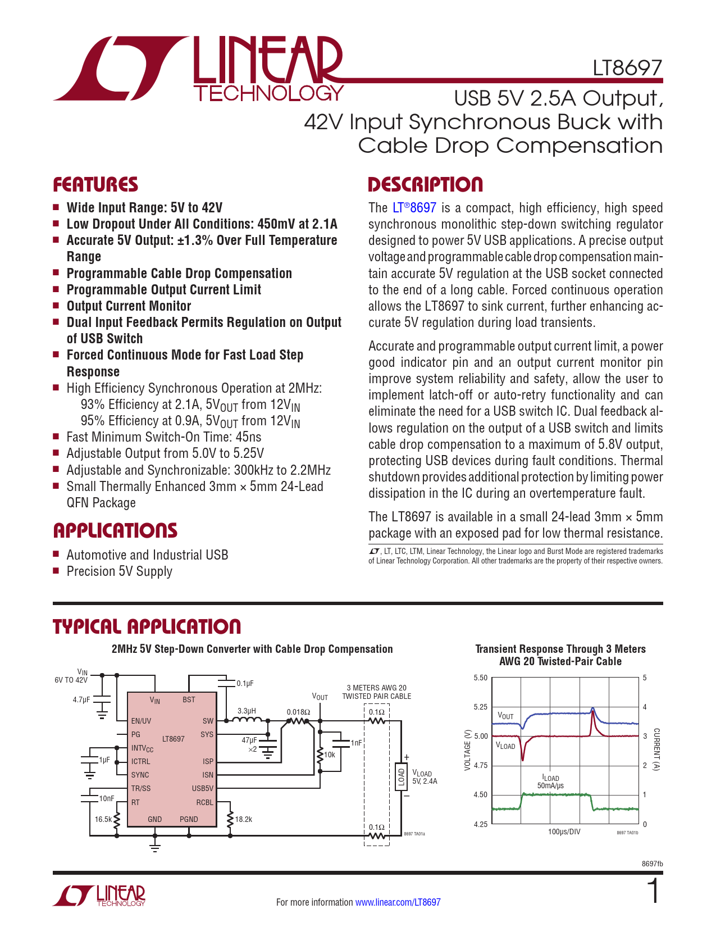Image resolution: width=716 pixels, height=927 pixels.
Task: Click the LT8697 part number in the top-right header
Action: pos(627,68)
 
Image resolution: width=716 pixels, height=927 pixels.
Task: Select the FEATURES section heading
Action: pos(95,185)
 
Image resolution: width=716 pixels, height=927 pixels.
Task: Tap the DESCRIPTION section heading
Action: pos(425,185)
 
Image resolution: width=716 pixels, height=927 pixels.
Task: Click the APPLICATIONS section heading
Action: pos(115,531)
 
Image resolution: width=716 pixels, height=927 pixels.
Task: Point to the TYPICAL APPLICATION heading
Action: pos(147,626)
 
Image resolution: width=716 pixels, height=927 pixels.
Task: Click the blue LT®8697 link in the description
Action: pos(414,208)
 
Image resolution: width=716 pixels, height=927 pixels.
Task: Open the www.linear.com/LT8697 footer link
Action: pos(398,902)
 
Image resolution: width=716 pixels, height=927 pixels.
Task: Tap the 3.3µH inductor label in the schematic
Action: pos(247,711)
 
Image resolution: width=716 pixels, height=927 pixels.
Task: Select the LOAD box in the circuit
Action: pos(401,776)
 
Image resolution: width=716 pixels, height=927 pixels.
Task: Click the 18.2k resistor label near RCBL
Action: pos(243,819)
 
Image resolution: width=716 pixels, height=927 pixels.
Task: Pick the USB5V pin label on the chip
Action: pos(203,788)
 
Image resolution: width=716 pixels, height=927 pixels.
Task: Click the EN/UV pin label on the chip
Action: pos(141,721)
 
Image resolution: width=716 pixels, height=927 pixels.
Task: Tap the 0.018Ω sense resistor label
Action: pos(298,712)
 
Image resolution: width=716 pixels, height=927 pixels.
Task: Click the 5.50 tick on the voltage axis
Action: pos(480,678)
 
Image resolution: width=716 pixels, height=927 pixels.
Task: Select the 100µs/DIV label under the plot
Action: pos(564,831)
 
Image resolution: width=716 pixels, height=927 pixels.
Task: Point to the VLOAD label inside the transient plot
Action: pos(505,746)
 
